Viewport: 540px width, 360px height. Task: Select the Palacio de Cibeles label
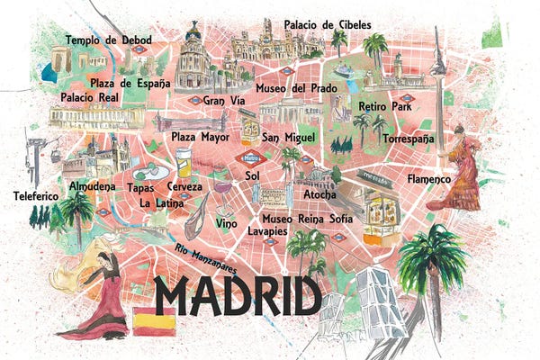point(326,23)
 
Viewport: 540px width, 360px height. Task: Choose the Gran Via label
point(224,101)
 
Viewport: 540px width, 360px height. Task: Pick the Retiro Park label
point(384,106)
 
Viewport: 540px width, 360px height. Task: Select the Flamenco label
point(428,179)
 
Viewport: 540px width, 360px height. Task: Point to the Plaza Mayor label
point(201,138)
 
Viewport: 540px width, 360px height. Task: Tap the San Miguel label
point(288,138)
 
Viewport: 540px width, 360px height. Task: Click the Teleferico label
point(36,195)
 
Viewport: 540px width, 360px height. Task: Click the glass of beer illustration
point(184,165)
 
